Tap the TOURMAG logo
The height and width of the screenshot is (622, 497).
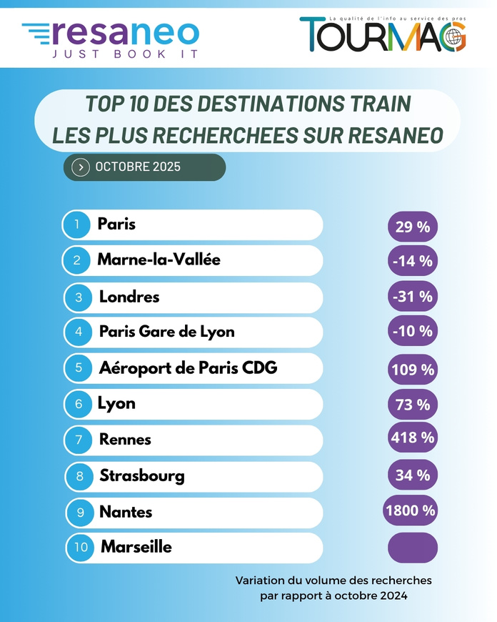pos(383,34)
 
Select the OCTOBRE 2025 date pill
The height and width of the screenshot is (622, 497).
pos(144,167)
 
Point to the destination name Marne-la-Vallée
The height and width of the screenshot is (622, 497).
pos(159,260)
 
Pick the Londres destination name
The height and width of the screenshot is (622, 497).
pos(129,296)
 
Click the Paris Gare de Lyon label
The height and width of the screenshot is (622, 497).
pos(166,332)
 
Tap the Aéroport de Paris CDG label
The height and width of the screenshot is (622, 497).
pos(188,367)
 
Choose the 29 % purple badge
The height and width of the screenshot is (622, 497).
pos(412,227)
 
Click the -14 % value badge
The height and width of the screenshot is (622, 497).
pos(412,262)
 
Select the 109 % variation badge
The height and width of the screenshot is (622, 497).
pos(412,370)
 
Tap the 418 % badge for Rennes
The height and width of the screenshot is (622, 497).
pos(412,438)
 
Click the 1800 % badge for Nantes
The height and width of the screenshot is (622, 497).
pos(411,510)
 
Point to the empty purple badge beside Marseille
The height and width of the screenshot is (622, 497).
pos(412,548)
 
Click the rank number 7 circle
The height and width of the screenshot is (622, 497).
pos(77,440)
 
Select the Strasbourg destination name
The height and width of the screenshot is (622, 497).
pos(142,475)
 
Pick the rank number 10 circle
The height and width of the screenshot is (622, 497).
pos(81,548)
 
